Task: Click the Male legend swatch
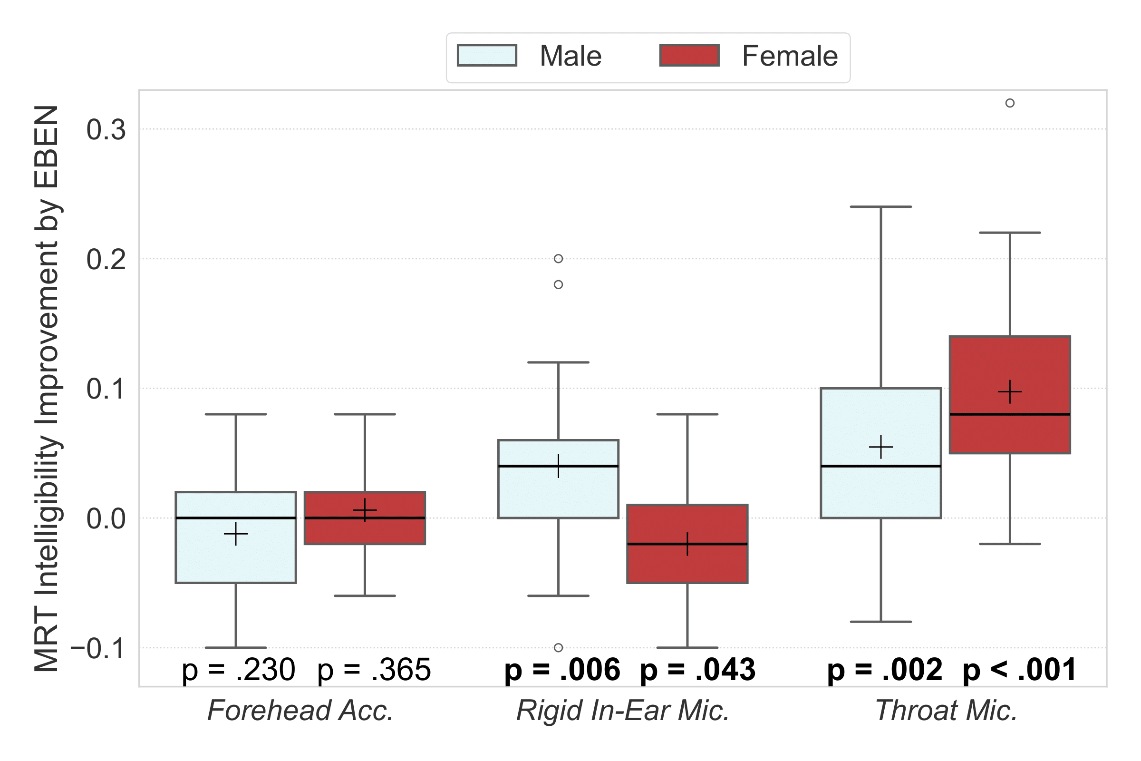[486, 55]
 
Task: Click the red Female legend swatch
[689, 55]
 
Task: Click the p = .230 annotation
[238, 670]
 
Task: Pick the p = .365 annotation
[374, 670]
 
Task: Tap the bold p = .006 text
[562, 670]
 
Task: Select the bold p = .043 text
[697, 670]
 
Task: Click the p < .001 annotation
[1019, 670]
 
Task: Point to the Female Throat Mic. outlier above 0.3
[1010, 103]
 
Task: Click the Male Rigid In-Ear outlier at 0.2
[558, 259]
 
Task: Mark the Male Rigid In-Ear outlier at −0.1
[558, 647]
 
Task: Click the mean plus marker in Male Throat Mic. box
[881, 447]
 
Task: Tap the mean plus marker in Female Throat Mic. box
[1010, 391]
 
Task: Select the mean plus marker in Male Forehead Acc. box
[236, 534]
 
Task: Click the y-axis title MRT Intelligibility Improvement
[47, 388]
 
